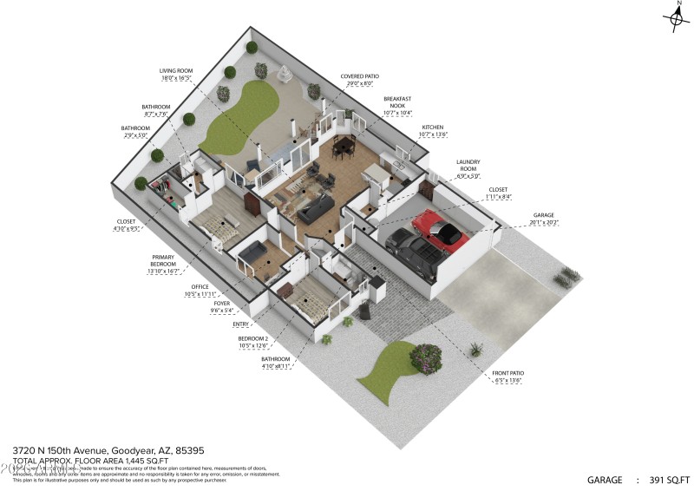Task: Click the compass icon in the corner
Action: (675, 18)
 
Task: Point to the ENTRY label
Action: (241, 324)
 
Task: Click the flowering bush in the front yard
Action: (427, 355)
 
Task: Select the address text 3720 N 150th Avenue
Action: (60, 451)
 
